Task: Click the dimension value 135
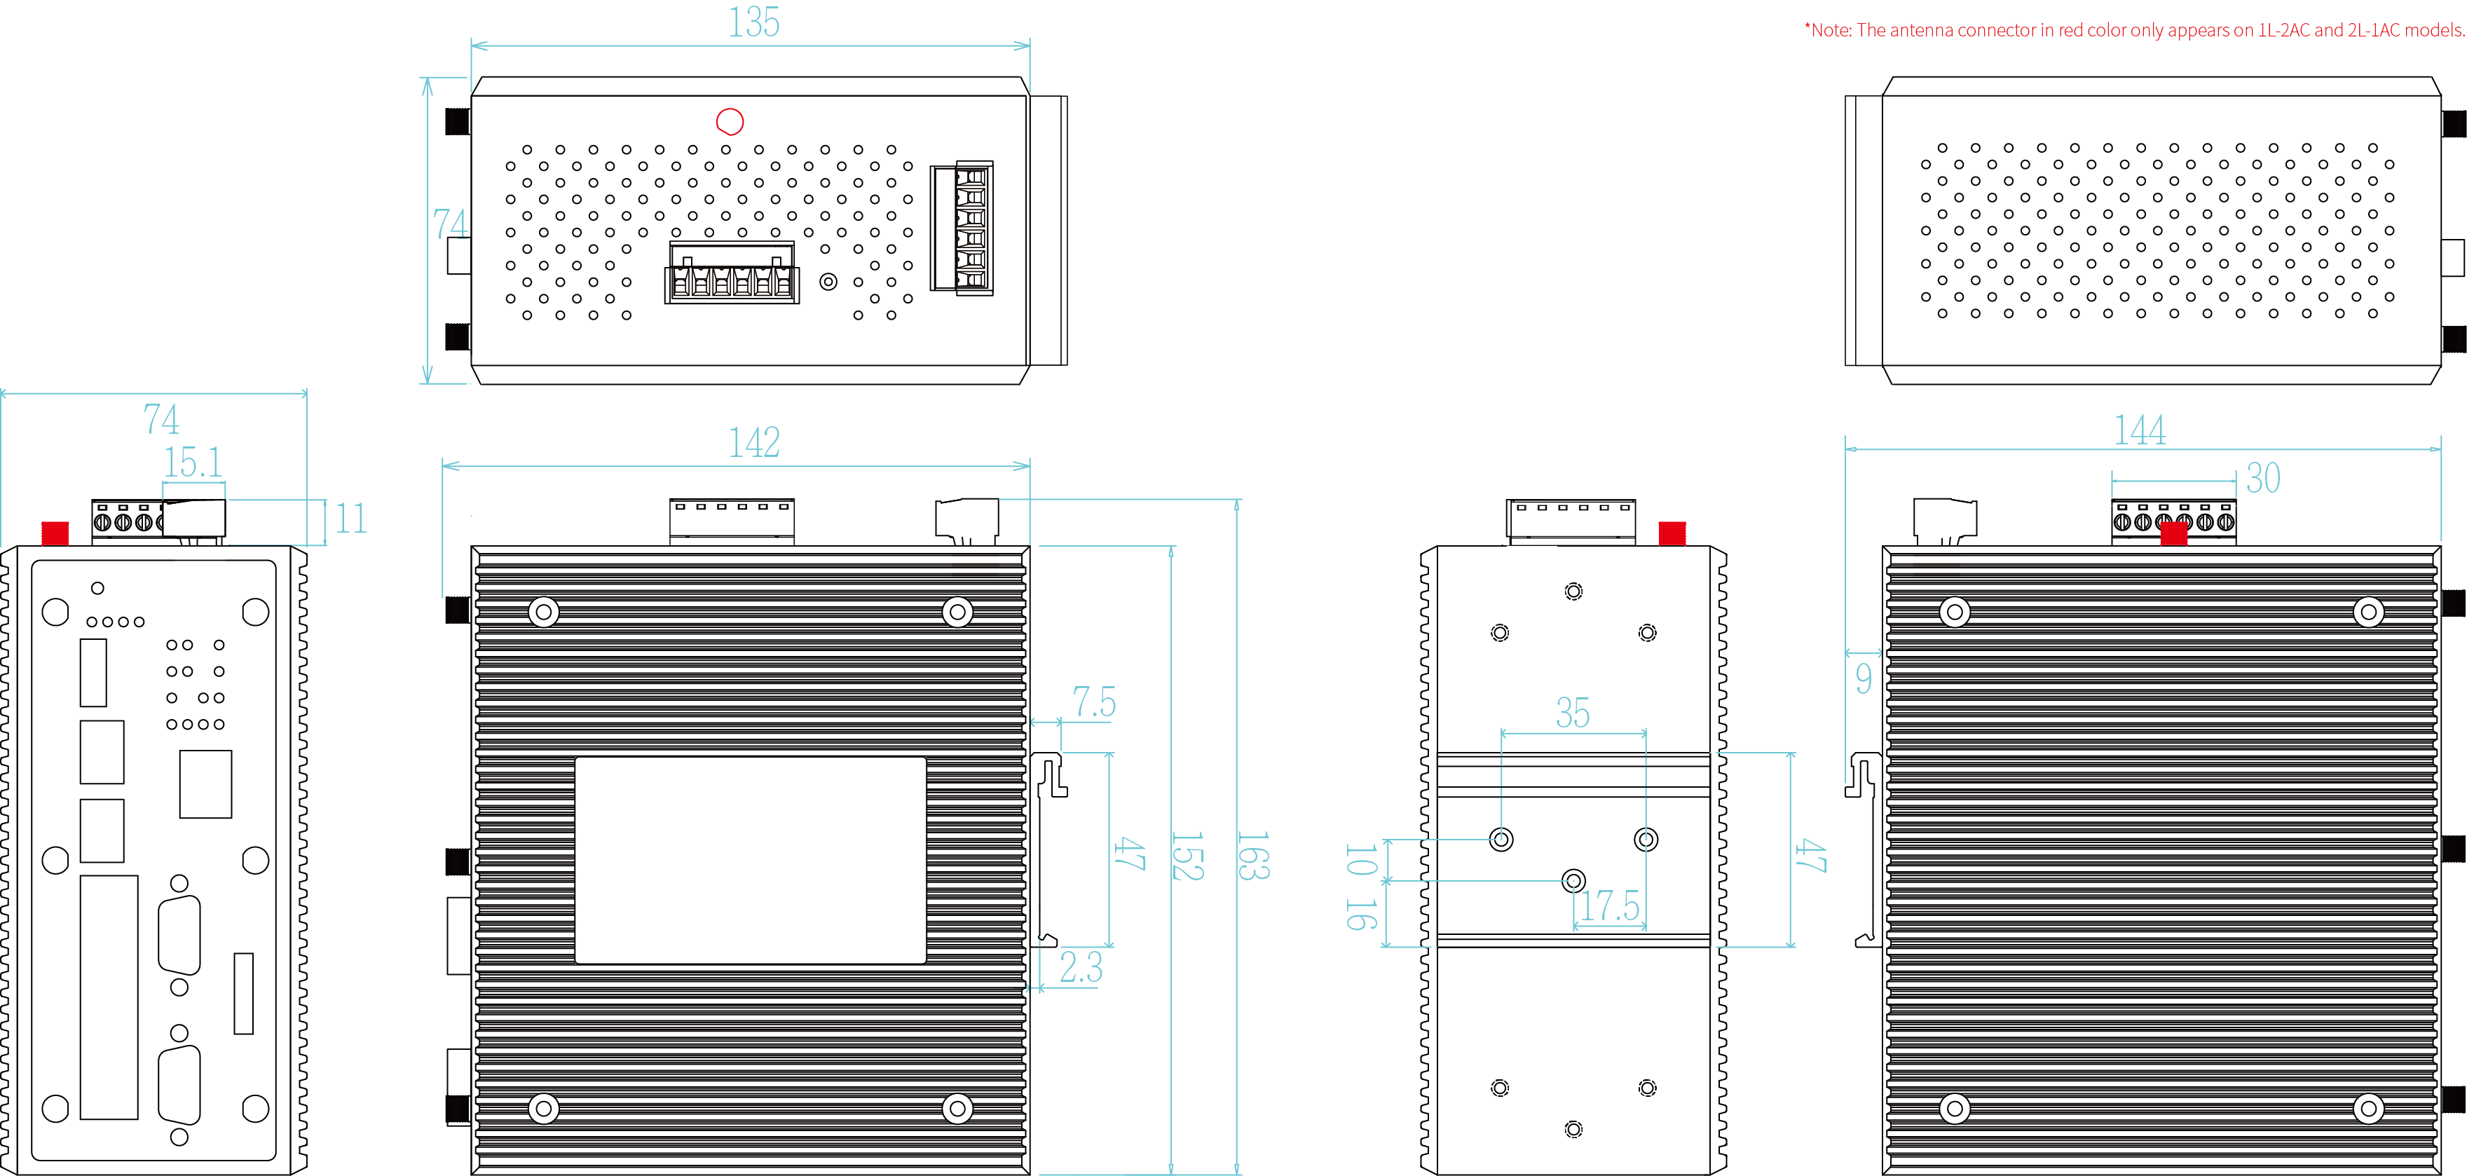[753, 22]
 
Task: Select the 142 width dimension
[753, 442]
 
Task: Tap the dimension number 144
[2140, 430]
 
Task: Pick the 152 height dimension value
[1187, 855]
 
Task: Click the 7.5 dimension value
[1093, 702]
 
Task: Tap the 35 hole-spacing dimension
[1573, 713]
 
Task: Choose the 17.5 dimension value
[1609, 905]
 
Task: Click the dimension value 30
[2263, 478]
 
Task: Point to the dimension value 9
[1863, 678]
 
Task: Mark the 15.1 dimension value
[193, 463]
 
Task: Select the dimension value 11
[350, 519]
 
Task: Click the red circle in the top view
[730, 122]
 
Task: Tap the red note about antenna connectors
[2133, 29]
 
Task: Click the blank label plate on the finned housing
[750, 859]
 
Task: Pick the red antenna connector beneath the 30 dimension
[2174, 533]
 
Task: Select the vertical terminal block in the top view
[962, 228]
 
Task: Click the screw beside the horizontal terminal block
[828, 282]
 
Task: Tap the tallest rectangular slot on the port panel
[108, 997]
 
